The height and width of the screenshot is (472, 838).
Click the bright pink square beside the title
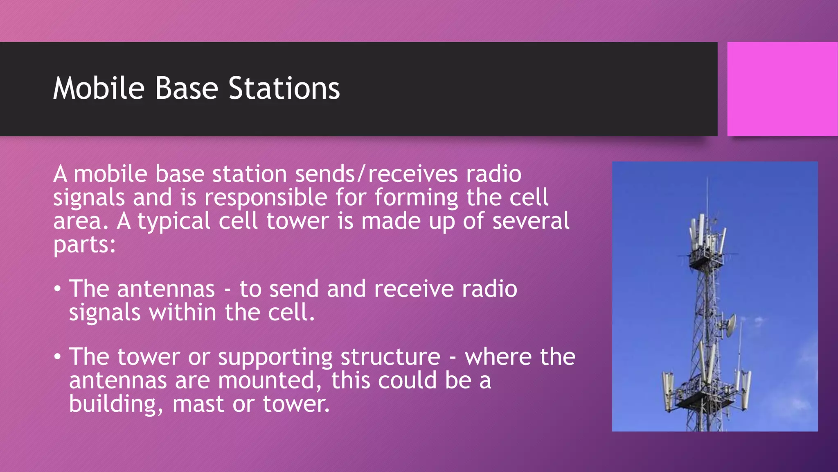coord(782,88)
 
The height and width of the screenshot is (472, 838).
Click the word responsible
coord(266,198)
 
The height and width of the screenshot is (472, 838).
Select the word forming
coord(416,198)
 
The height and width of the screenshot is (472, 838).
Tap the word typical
coord(173,222)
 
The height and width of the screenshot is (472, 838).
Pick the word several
coord(530,221)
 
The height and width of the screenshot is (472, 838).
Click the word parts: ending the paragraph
coord(84,245)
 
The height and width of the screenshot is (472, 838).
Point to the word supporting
coord(275,357)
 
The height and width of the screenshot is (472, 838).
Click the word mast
coord(198,404)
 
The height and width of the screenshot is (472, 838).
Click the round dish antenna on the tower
coord(728,324)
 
